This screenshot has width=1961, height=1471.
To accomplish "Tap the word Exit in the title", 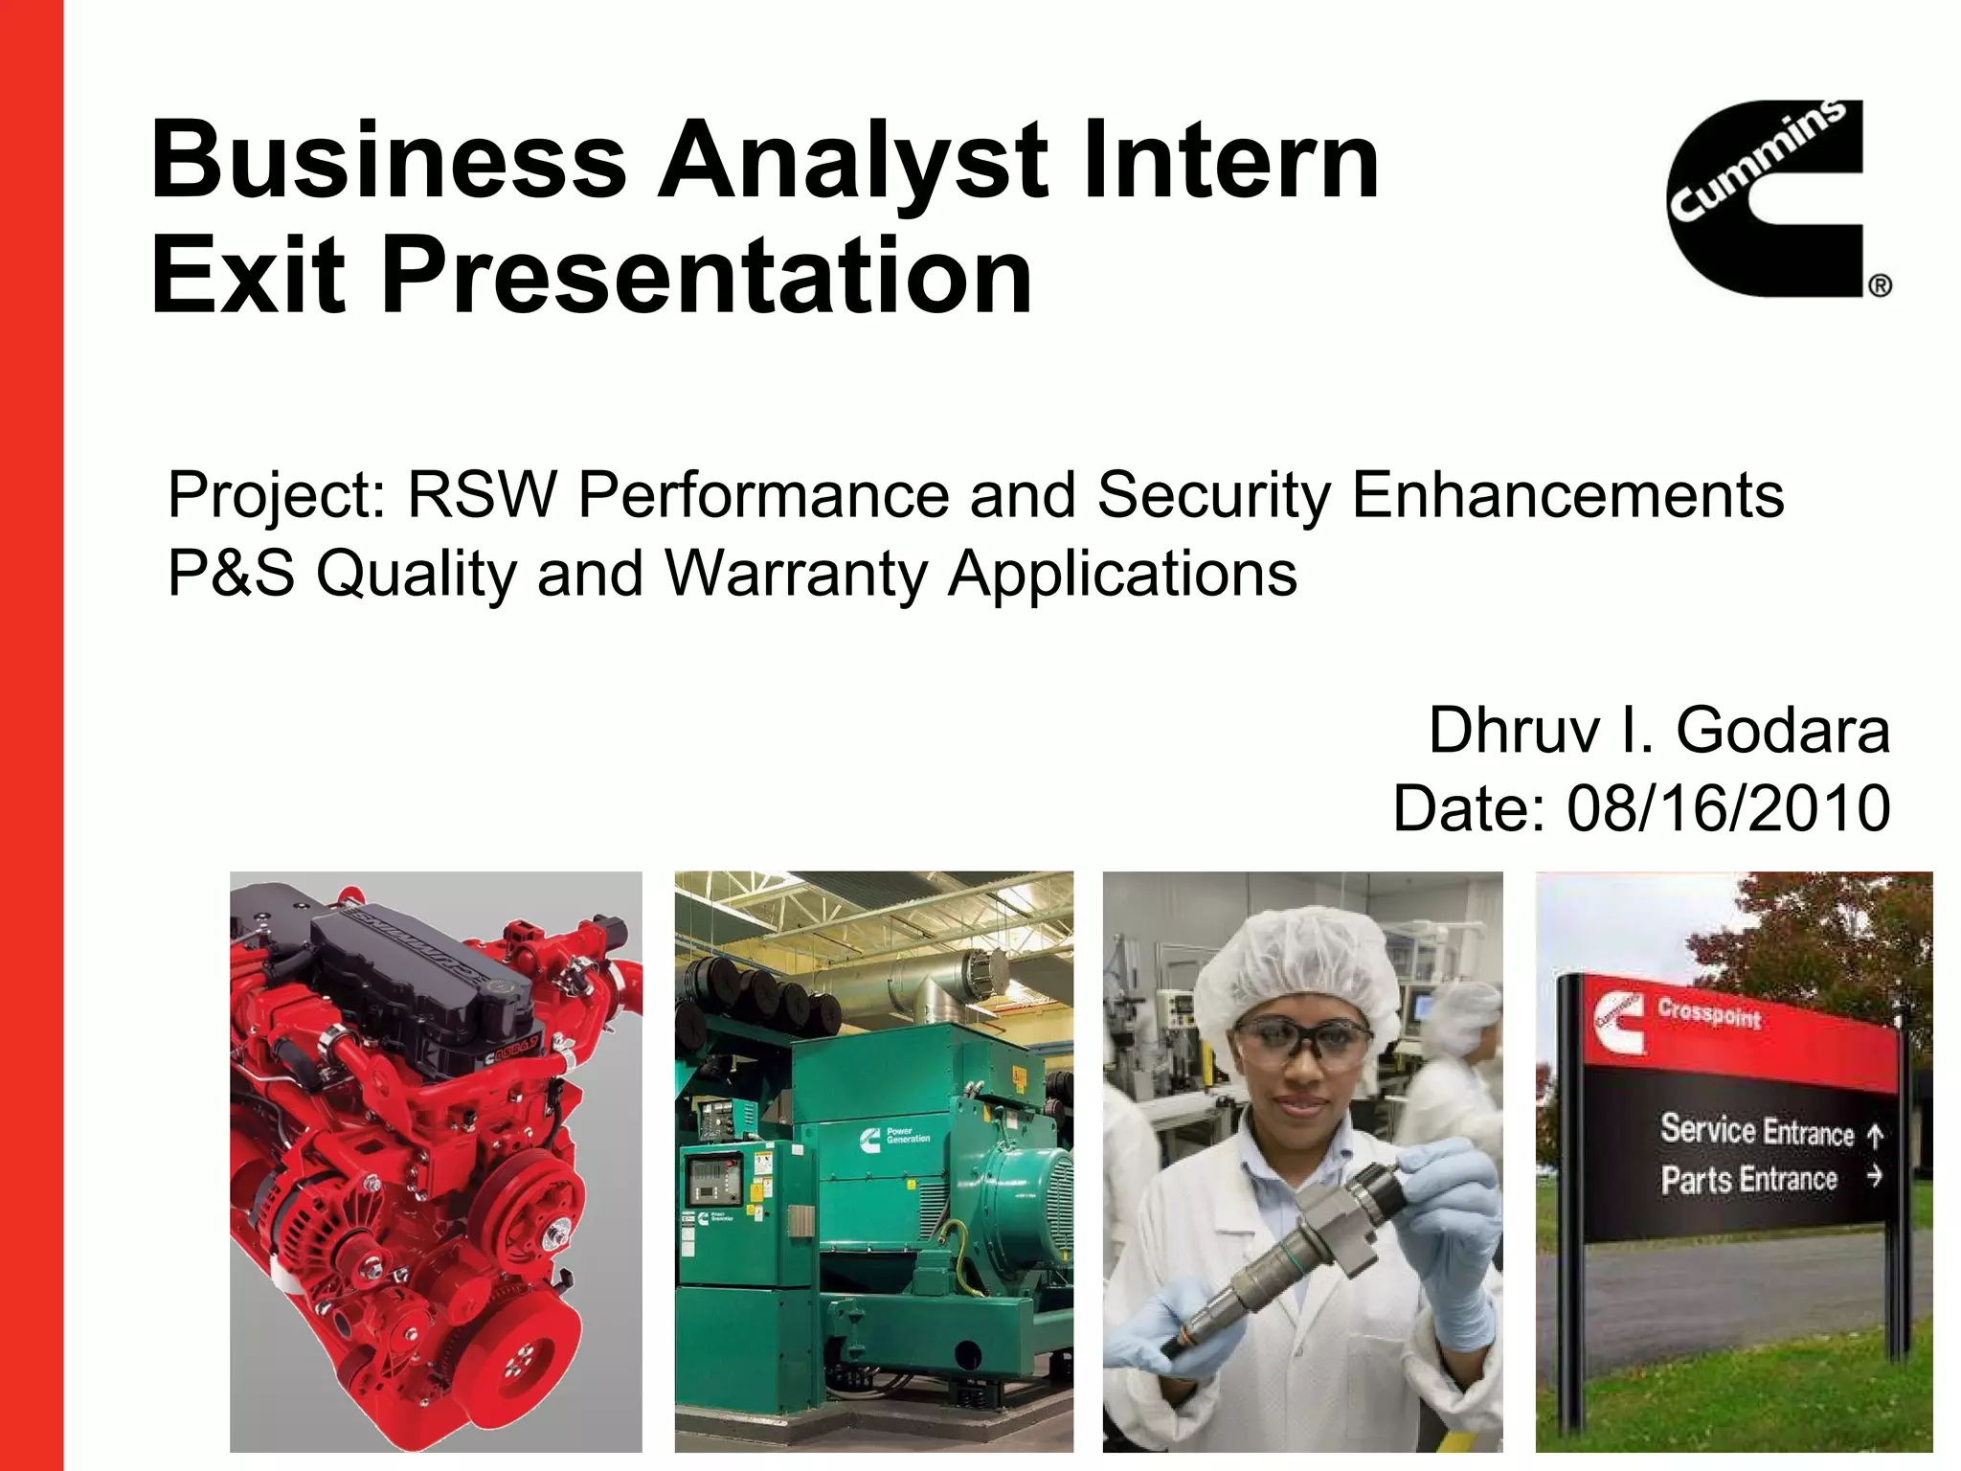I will (x=247, y=278).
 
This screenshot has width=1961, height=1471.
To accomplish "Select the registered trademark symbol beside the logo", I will (x=1880, y=285).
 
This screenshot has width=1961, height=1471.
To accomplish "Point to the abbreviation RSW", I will (x=482, y=495).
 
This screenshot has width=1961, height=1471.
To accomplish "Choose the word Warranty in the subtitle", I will (x=796, y=574).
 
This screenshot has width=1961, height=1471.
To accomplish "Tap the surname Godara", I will (x=1783, y=731).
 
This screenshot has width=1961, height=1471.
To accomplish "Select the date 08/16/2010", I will (x=1728, y=808).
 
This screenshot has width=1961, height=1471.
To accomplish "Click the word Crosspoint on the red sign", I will (x=1709, y=1013).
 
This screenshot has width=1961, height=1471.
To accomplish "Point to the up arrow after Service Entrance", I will (x=1875, y=1136).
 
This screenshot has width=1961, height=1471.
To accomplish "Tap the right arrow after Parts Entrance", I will (x=1875, y=1176).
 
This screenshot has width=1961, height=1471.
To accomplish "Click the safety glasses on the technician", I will (x=1302, y=1039).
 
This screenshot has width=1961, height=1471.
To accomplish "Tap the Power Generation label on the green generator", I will (x=908, y=1136).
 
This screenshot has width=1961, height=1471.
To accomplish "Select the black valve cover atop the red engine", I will (x=412, y=967).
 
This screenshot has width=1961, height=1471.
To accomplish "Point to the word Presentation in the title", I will (x=707, y=278).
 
